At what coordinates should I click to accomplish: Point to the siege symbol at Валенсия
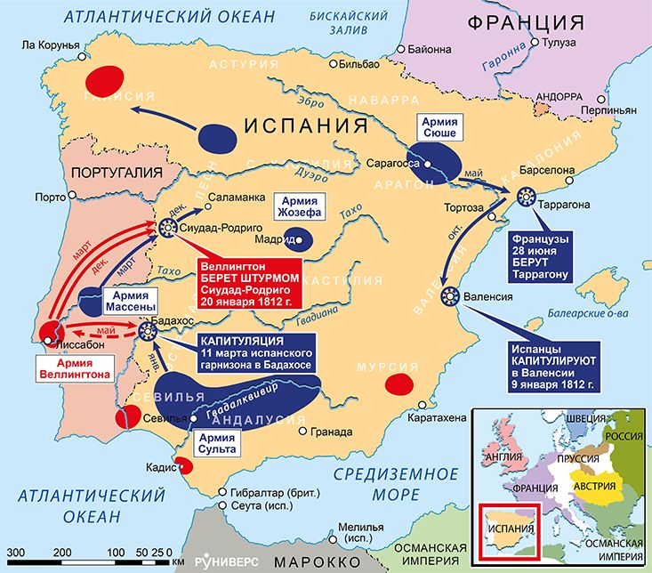click(x=448, y=296)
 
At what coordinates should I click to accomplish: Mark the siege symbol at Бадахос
click(x=148, y=331)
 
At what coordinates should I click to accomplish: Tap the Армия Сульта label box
click(x=217, y=442)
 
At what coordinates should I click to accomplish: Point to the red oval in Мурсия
click(x=397, y=383)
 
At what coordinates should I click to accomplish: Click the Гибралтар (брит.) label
click(x=270, y=492)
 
